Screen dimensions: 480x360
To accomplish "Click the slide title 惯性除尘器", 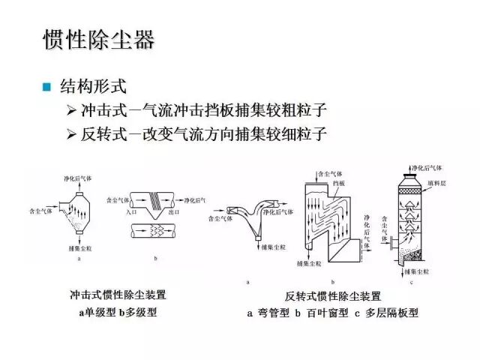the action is tap(97, 39).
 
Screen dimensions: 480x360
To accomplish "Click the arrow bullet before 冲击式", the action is tap(71, 110).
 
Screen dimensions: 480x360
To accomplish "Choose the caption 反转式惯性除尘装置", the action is tap(333, 297).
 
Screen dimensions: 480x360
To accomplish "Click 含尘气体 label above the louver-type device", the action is tap(333, 172).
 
